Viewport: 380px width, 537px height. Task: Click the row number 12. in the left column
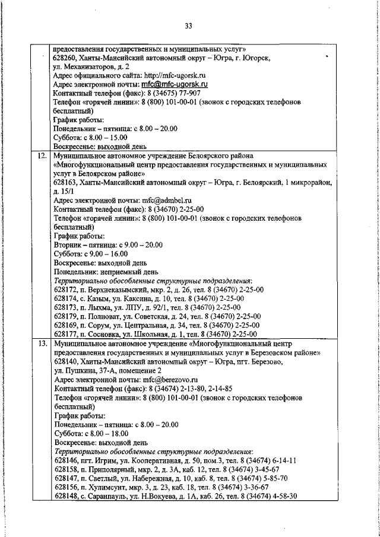point(42,157)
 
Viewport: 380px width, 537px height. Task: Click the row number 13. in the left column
point(42,344)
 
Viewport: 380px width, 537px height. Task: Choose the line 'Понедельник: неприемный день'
point(105,272)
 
